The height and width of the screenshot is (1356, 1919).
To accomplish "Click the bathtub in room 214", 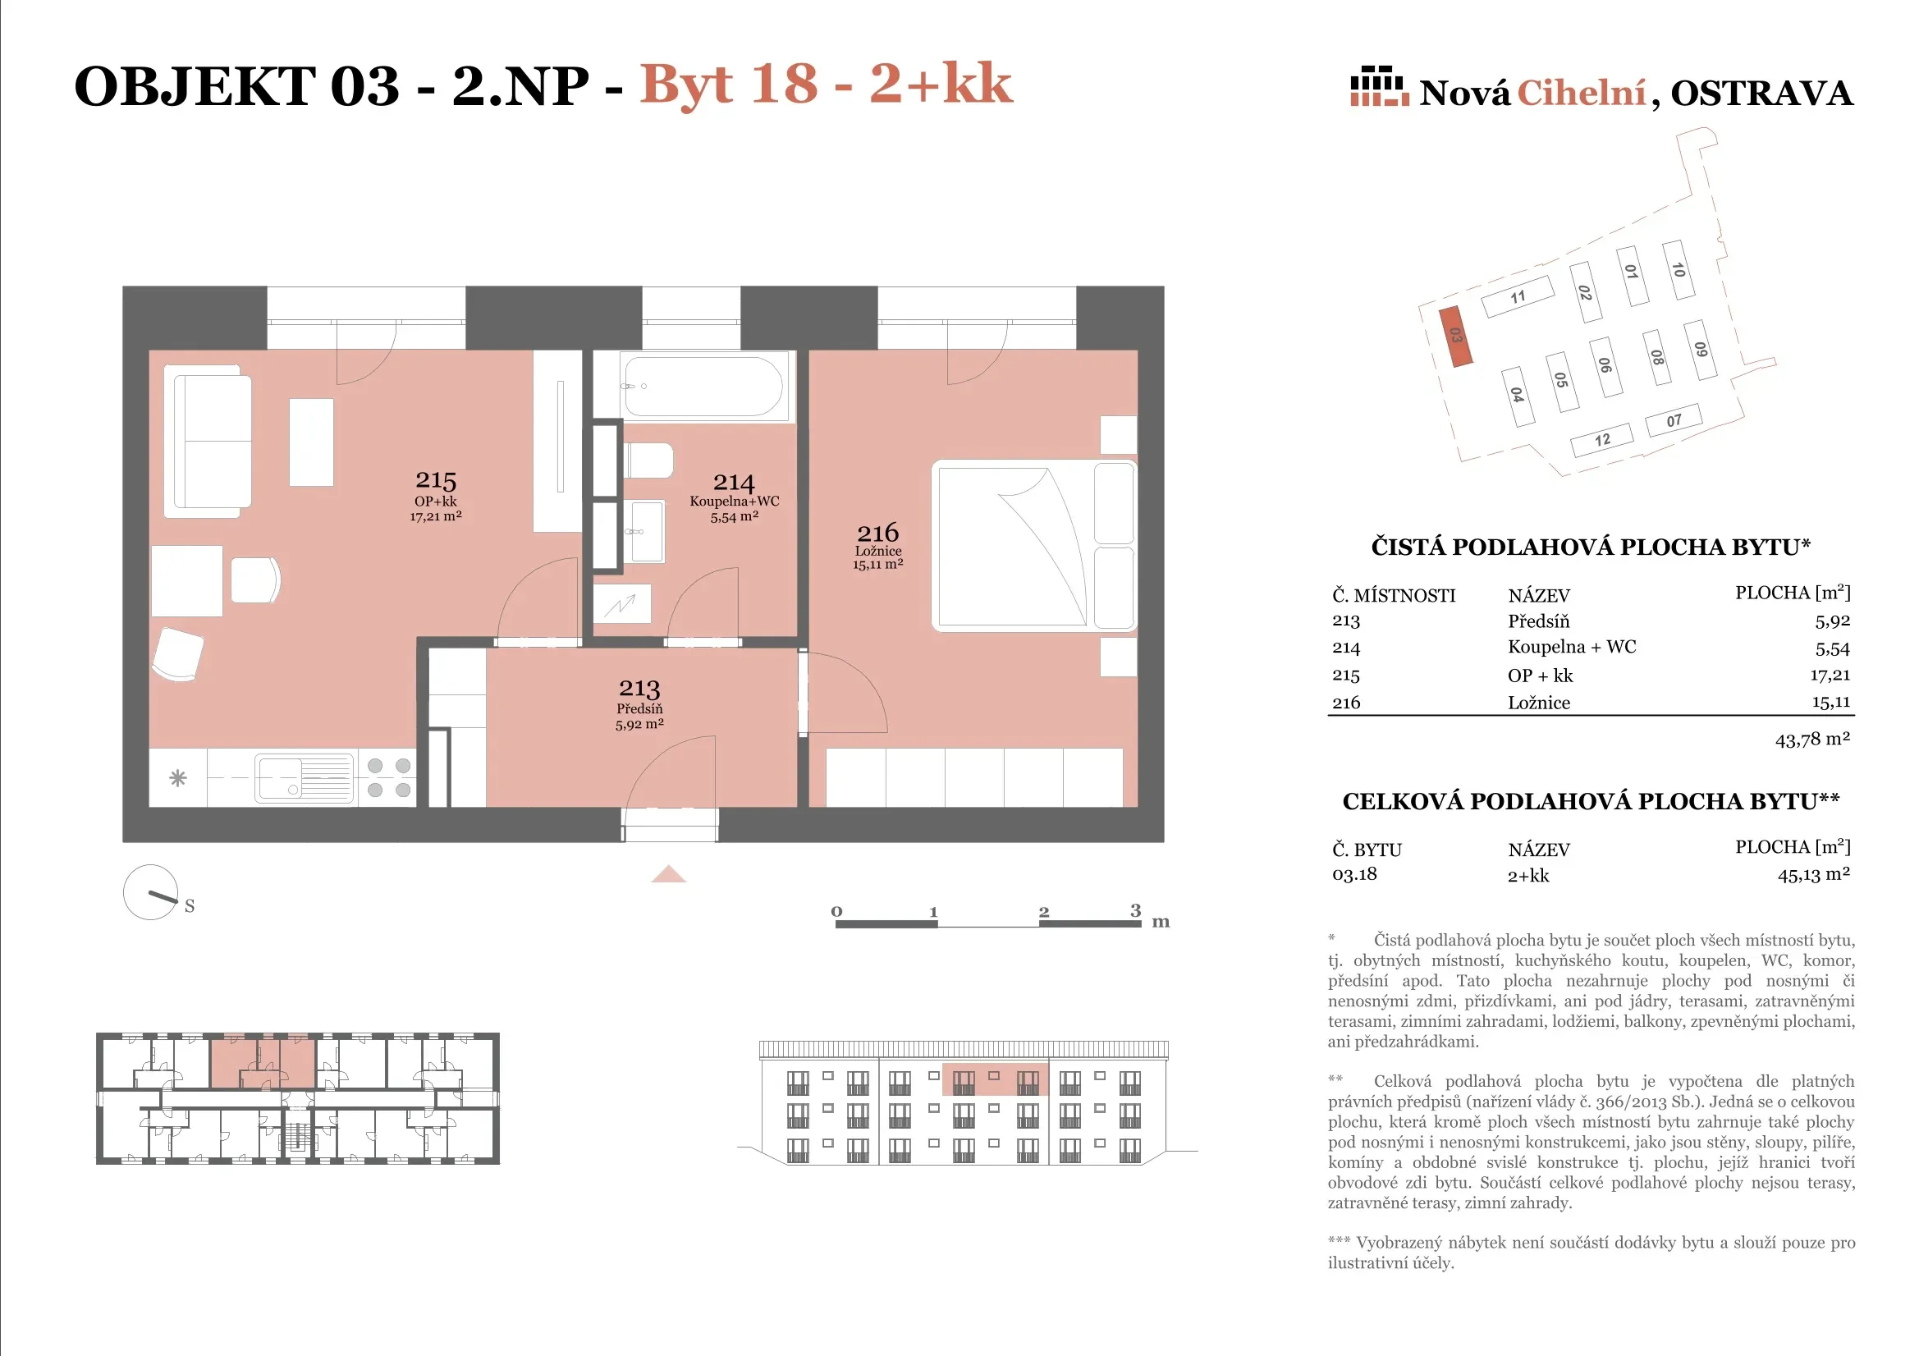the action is pos(703,387).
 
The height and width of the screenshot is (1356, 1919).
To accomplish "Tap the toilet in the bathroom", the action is pos(649,460).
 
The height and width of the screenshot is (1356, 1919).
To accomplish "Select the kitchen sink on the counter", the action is pos(305,778).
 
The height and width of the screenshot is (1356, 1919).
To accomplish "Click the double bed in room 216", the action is pos(1035,545).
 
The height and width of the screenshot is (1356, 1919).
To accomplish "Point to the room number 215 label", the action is pos(436,480).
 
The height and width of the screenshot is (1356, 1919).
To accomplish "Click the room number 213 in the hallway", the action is pos(639,688).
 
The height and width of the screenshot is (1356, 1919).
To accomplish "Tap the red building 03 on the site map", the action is pos(1455,336).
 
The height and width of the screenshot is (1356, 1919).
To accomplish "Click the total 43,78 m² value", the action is pos(1812,739).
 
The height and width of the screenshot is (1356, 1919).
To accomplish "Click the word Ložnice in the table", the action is pos(1539,703).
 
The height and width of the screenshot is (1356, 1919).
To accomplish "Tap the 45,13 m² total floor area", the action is pos(1814,874).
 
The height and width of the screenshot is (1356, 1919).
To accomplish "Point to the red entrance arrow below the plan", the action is pos(669,874).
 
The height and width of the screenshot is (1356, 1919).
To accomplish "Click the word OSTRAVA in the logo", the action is pos(1762,93).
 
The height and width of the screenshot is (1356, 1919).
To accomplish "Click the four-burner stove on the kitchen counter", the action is pos(389,777).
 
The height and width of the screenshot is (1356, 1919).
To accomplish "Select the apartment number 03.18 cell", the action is pos(1354,874).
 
